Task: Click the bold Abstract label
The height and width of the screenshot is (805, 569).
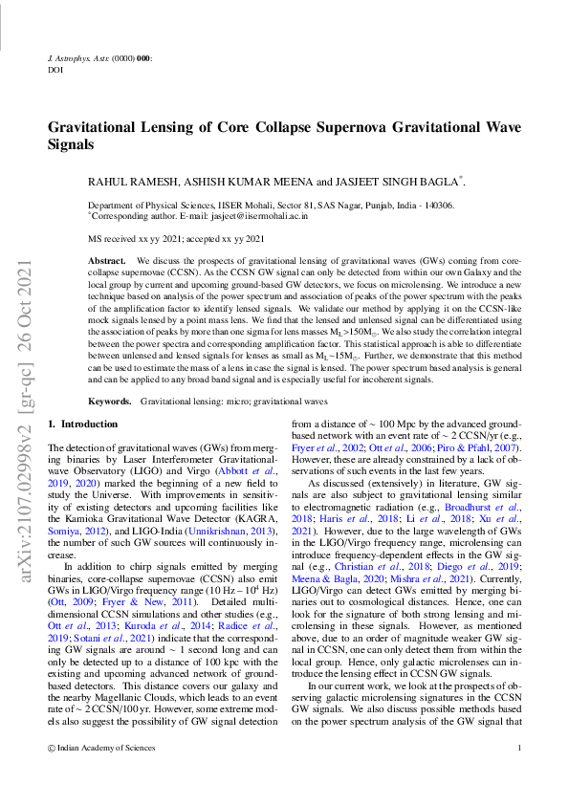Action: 106,260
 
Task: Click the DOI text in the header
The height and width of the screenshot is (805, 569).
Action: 54,70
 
